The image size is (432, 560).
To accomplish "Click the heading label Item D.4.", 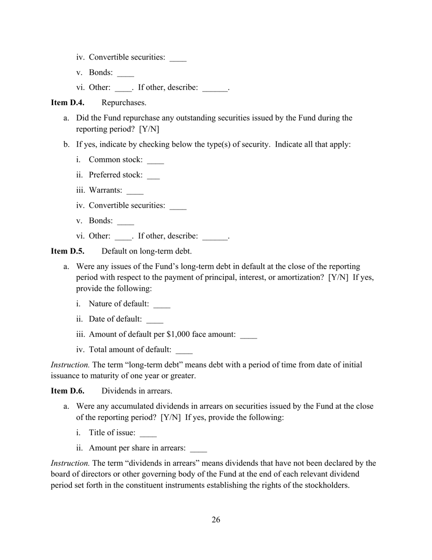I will [x=67, y=103].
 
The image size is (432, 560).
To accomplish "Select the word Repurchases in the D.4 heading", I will [x=124, y=103].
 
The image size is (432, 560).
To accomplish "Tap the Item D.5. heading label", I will [x=67, y=251].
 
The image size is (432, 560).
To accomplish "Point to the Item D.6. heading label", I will [x=67, y=391].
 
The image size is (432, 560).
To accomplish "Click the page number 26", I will [x=216, y=520].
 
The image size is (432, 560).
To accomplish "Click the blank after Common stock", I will [x=156, y=161].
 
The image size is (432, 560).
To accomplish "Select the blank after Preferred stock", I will [x=153, y=176].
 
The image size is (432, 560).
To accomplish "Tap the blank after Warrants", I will [x=135, y=191].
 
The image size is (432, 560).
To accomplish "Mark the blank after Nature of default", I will [x=162, y=305].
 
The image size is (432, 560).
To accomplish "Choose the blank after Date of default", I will [x=155, y=320].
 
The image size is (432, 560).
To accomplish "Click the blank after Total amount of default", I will [x=184, y=351].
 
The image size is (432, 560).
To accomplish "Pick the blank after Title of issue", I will [x=148, y=433].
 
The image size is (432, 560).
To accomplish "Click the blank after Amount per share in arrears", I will [x=198, y=449].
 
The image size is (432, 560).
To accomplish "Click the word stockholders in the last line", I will [x=326, y=485].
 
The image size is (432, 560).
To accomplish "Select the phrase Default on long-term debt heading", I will [x=146, y=251].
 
